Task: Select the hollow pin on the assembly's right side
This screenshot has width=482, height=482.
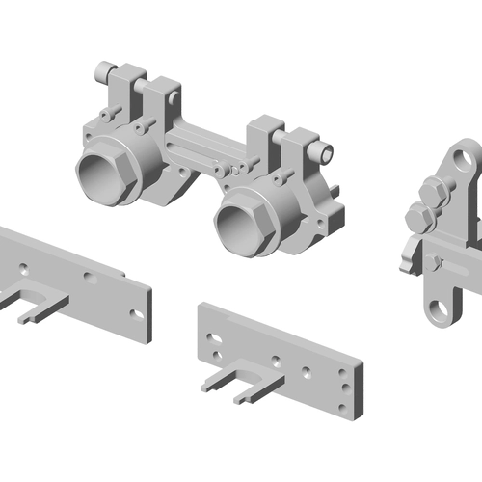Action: (x=324, y=151)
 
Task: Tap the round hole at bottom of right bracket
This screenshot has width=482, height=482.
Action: (x=441, y=309)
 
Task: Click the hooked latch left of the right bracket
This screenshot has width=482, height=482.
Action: (x=409, y=255)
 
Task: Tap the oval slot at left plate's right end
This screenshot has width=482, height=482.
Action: (x=137, y=311)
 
